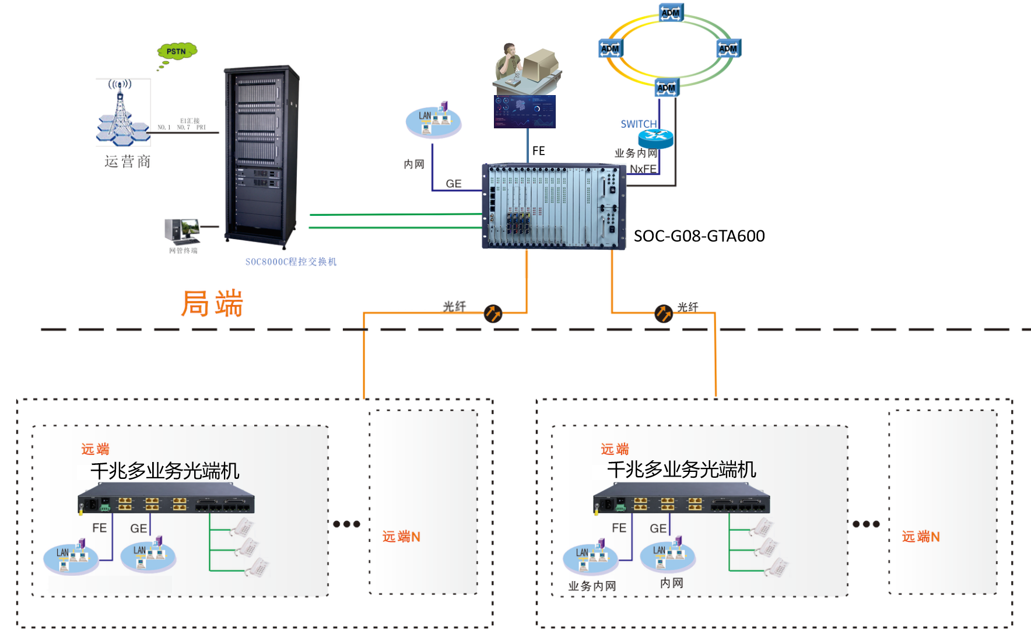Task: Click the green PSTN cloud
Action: point(177,51)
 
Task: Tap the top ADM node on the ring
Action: point(671,13)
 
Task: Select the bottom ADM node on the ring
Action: point(667,87)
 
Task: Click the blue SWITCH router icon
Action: point(655,138)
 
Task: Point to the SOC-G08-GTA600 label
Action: point(699,236)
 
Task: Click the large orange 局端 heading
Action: point(212,303)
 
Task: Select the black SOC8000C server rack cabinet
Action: point(261,156)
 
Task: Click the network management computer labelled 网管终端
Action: point(182,231)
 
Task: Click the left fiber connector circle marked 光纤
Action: point(493,313)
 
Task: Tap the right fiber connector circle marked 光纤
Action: point(663,313)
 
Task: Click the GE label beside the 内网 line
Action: point(453,184)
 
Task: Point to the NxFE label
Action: point(643,169)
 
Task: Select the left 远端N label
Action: point(401,537)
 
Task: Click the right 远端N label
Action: point(921,537)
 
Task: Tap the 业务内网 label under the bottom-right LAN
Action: point(592,586)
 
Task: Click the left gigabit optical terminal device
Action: point(166,498)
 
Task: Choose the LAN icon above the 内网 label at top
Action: point(433,120)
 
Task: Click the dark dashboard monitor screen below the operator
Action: point(524,111)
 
